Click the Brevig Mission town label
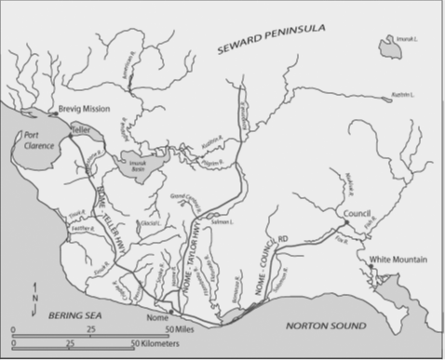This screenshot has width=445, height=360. pyautogui.click(x=84, y=109)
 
